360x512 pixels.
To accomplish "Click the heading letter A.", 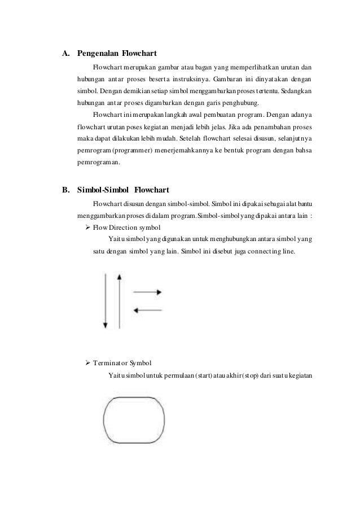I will tap(65, 55).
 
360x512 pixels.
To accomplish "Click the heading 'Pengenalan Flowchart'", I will tap(111, 55).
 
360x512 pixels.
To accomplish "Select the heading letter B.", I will tap(65, 189).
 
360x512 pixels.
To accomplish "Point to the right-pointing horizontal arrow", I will tap(148, 292).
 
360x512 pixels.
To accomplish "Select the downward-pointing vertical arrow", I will tap(105, 300).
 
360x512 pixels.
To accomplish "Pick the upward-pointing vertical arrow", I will tap(118, 300).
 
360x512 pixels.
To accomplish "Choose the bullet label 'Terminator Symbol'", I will tap(122, 361).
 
